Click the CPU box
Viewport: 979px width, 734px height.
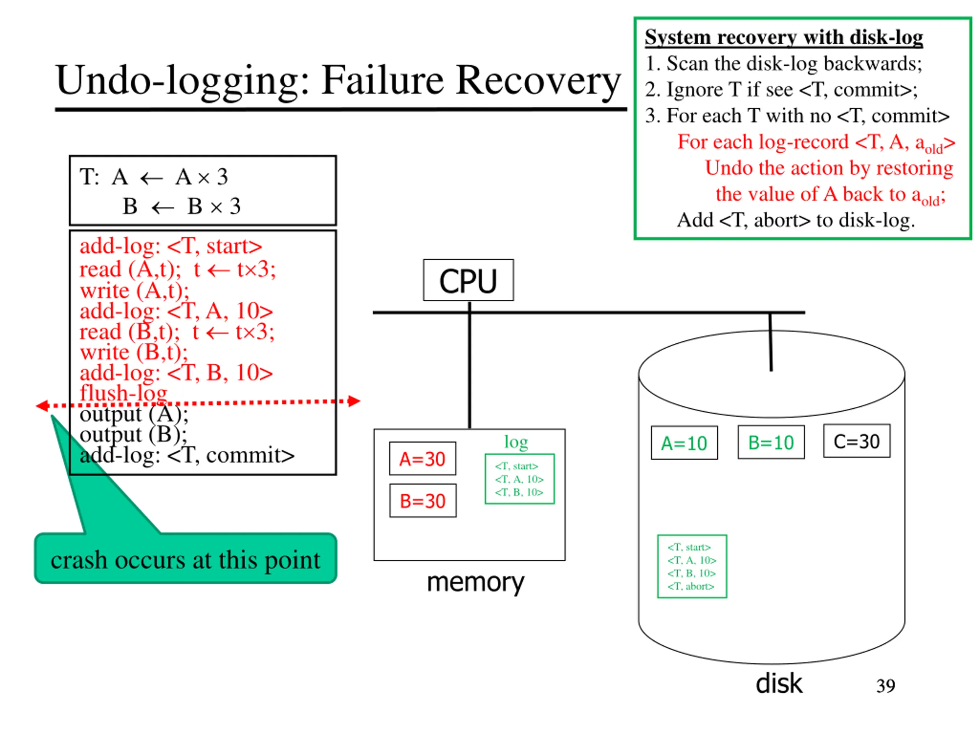pos(468,280)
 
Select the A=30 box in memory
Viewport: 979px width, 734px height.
pos(423,458)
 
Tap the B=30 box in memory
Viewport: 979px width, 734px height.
pos(423,500)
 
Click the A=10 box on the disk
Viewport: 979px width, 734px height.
pos(684,443)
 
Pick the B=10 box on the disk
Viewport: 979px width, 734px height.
pos(771,442)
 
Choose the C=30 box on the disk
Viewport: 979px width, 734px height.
pos(857,441)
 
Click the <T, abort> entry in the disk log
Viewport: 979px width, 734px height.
pos(691,586)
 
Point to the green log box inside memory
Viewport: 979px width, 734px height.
pos(520,479)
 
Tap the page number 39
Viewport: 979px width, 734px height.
pos(886,686)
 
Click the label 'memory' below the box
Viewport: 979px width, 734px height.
pos(475,582)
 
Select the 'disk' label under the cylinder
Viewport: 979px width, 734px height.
pos(779,683)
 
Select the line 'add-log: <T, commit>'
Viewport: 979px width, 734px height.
pos(187,455)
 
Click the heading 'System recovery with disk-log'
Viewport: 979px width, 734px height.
pos(784,37)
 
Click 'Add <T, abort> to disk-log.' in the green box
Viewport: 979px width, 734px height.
pos(796,220)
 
